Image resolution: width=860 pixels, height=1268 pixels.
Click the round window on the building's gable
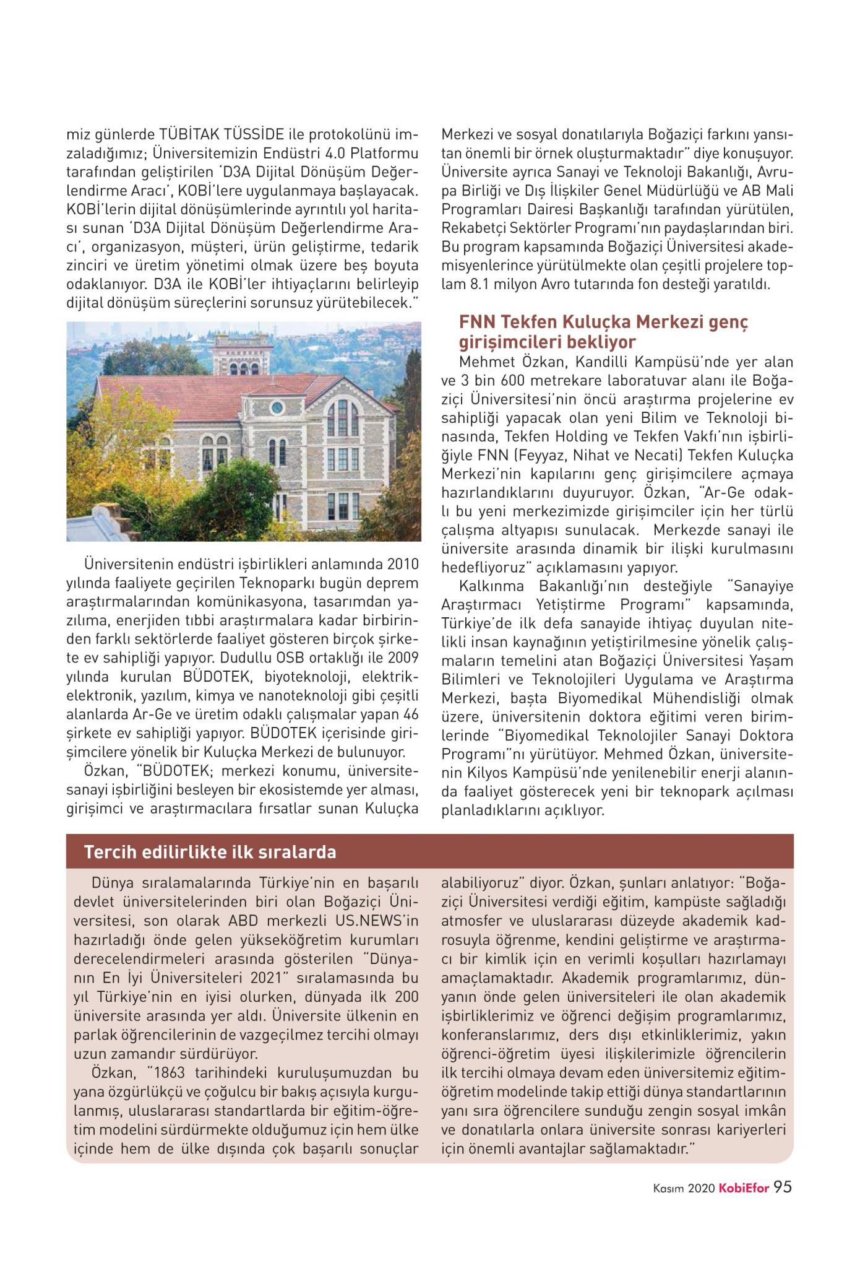coord(277,407)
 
